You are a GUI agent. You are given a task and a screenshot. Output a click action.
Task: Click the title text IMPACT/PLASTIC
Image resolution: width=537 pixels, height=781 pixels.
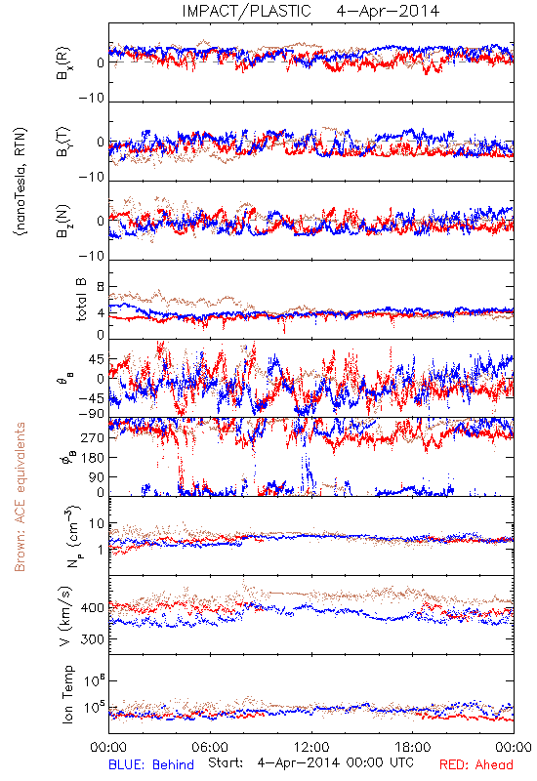[x=246, y=11]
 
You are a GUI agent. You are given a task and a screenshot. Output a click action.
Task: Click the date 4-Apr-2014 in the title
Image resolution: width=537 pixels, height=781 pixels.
[x=388, y=11]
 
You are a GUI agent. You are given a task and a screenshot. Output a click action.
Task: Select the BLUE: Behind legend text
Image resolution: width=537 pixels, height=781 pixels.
[x=151, y=764]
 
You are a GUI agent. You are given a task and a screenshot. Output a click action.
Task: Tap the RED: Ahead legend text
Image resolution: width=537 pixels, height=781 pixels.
[x=475, y=764]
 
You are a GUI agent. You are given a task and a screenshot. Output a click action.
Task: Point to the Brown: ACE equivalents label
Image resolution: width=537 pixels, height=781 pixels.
[x=20, y=497]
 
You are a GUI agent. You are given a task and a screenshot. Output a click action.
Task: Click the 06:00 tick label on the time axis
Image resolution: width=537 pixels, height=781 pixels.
[x=210, y=747]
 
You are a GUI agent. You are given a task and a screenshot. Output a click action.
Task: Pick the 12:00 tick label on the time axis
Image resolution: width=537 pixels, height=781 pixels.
[x=311, y=747]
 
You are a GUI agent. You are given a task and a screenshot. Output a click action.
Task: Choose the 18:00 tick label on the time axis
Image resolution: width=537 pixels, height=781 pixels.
[x=412, y=747]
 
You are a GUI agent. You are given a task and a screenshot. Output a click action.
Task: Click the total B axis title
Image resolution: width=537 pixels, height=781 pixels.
[x=81, y=300]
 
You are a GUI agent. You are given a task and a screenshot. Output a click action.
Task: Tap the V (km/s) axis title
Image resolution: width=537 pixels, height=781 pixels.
[x=65, y=616]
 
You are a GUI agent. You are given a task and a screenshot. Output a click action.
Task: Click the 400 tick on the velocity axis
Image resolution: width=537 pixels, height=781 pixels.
[x=94, y=607]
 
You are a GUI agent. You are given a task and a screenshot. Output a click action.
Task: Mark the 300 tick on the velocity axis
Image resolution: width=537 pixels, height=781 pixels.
[x=94, y=638]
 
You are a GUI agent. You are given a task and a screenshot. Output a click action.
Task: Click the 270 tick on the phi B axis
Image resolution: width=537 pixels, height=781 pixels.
[x=94, y=437]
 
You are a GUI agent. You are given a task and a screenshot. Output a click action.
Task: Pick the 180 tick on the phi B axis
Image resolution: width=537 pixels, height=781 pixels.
[x=94, y=457]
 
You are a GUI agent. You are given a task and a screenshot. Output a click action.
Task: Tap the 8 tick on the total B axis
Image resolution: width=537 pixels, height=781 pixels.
[x=102, y=287]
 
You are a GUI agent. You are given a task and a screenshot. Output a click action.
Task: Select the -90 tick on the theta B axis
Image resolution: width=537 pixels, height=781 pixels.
[x=92, y=413]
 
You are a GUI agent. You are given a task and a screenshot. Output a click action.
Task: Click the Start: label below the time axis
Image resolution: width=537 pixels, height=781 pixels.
[x=226, y=763]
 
